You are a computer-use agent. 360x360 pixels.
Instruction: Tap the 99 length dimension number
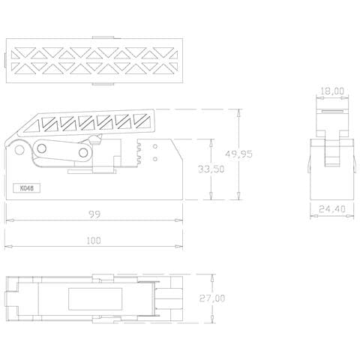point(94,214)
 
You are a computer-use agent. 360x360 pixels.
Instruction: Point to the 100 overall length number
point(94,240)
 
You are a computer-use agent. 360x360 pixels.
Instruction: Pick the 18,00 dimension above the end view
point(331,91)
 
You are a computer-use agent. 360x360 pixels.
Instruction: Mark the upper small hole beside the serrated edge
point(154,147)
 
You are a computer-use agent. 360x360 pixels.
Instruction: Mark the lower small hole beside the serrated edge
point(154,158)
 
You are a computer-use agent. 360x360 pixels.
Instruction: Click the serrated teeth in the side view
point(139,151)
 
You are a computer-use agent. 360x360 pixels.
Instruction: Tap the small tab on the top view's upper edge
point(103,36)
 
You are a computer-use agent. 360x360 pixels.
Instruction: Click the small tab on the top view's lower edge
point(103,84)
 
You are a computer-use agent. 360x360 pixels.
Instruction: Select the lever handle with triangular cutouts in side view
point(97,120)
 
